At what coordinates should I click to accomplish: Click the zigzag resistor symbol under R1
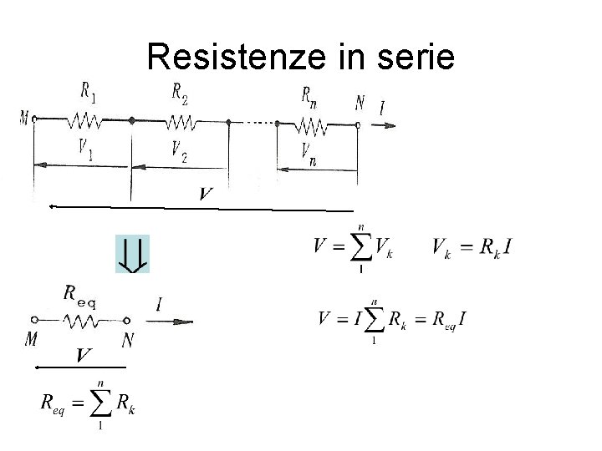pyautogui.click(x=87, y=122)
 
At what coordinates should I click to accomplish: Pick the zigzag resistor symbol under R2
pyautogui.click(x=181, y=123)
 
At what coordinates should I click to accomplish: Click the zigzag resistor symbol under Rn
pyautogui.click(x=313, y=125)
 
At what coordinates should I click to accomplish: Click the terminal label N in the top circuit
pyautogui.click(x=360, y=104)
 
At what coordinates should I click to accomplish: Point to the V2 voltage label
pyautogui.click(x=178, y=151)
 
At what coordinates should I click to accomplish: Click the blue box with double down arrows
pyautogui.click(x=132, y=254)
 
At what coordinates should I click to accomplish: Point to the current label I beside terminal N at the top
pyautogui.click(x=383, y=109)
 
